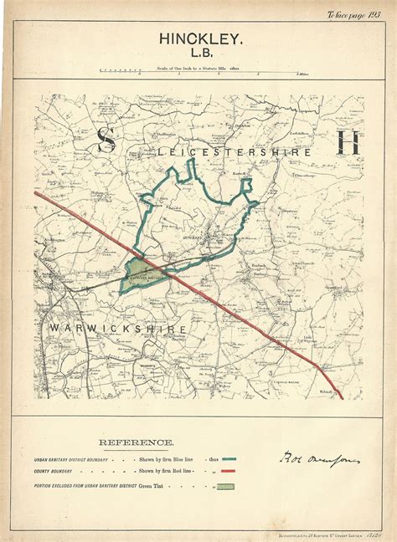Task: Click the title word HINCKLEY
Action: point(198,39)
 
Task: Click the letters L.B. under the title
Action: point(198,56)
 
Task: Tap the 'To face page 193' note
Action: point(354,13)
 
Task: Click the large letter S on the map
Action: point(106,140)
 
